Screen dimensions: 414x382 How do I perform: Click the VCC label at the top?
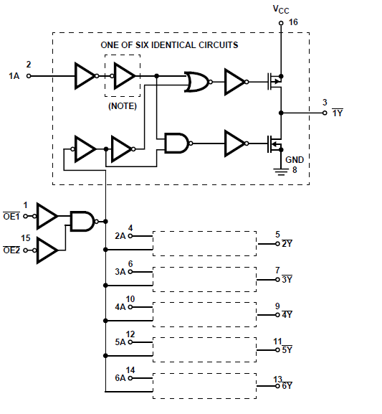pos(281,9)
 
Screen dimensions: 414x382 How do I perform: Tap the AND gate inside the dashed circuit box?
pos(176,144)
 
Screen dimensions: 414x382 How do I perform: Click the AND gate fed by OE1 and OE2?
pos(82,221)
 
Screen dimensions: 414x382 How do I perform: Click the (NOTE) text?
pos(123,105)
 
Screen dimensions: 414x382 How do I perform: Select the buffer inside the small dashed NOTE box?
pos(124,75)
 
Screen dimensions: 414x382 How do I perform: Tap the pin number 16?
pos(293,23)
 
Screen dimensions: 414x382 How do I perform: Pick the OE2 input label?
pos(11,250)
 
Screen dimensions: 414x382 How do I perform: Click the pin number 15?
pos(26,238)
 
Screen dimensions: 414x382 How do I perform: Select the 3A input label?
pos(120,272)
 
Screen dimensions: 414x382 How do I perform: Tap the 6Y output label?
pos(287,386)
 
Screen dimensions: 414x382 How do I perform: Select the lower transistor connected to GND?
pos(272,144)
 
